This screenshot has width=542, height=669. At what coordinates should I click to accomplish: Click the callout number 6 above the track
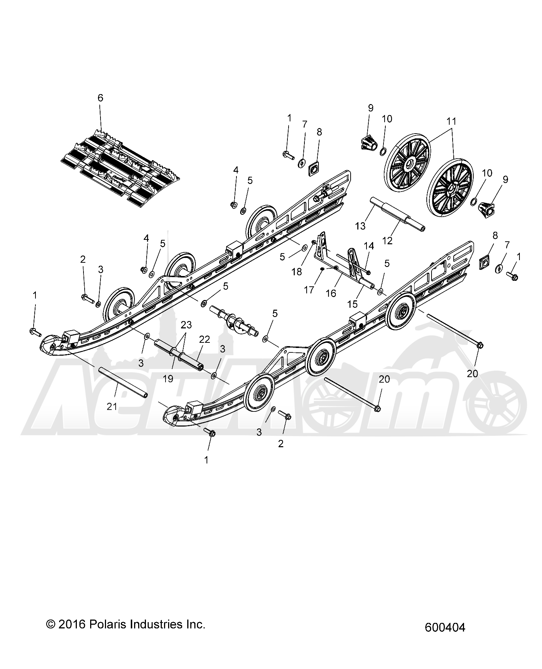pos(100,98)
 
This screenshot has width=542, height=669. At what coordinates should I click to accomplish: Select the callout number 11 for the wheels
pos(451,121)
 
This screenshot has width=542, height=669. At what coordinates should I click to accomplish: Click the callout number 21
pos(112,406)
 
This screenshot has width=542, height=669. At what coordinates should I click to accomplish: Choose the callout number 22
pos(204,339)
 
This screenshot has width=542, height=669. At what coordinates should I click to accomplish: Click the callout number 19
pos(168,379)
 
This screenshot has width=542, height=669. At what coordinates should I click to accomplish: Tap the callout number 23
pos(186,325)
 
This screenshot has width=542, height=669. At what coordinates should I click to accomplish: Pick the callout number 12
pos(387,240)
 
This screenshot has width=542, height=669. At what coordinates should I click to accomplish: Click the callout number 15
pos(352,304)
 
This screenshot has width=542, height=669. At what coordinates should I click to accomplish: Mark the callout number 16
pos(331,293)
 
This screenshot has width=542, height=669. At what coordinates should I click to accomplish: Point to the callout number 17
pos(309,290)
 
